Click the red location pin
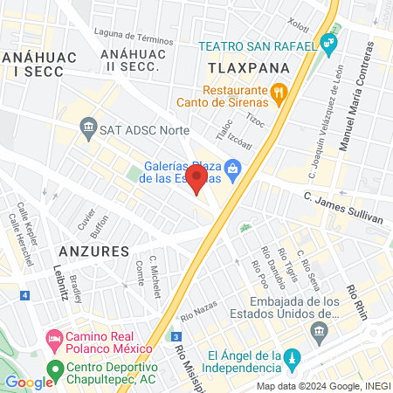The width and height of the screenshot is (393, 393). coord(197,181)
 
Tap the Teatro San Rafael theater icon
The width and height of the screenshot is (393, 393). coord(328,42)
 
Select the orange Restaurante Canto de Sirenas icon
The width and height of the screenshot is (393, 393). coord(279,90)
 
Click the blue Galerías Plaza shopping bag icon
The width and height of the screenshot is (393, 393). coord(232,168)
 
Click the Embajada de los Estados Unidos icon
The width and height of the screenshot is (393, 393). coord(319,332)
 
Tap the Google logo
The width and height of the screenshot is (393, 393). coord(30,382)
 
